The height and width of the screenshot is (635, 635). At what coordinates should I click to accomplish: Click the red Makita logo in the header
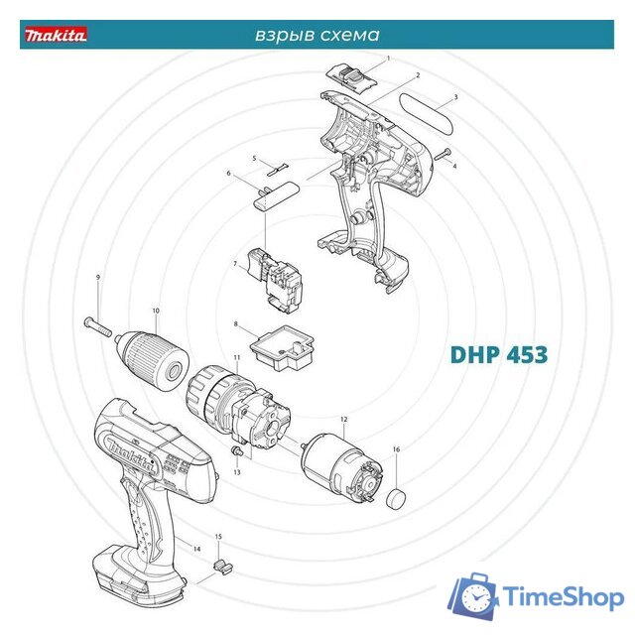point(56,35)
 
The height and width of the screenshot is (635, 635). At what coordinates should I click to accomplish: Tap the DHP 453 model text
point(498,354)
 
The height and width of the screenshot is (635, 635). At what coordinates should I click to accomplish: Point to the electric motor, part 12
point(342,468)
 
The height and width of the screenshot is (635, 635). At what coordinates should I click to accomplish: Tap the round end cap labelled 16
point(396,499)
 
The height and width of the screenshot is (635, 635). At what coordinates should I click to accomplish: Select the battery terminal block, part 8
point(283,348)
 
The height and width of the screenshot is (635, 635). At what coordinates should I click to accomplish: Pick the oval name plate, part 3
point(426,114)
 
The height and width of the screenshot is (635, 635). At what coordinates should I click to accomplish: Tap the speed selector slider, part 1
point(351,77)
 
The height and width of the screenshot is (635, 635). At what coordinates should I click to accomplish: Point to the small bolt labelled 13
point(236,450)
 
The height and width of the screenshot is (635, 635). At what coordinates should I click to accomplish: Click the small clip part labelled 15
point(222,567)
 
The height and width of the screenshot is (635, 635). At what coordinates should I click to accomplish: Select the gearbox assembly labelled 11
point(238,408)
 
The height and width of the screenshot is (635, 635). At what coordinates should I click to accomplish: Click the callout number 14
point(196,549)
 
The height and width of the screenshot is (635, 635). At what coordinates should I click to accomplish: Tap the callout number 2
point(419,75)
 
